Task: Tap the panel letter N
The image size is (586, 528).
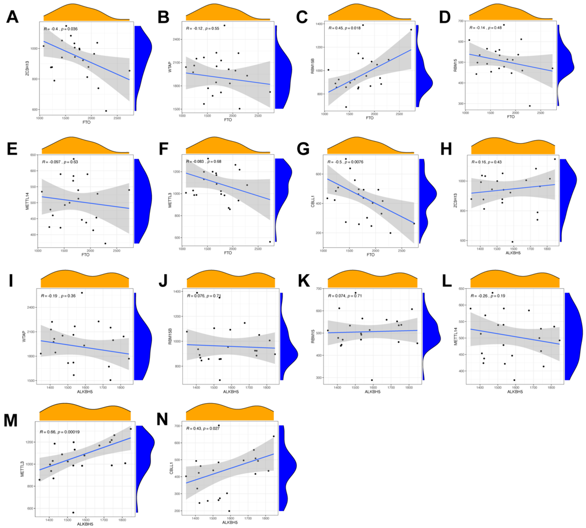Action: [162, 419]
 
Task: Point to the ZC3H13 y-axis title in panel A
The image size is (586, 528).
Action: [27, 69]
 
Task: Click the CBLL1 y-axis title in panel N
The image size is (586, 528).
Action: [171, 469]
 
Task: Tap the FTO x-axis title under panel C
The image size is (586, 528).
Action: [369, 118]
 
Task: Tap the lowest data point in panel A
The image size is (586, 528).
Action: [106, 111]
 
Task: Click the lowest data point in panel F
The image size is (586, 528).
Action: [270, 242]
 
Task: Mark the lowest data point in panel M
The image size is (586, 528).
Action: [73, 512]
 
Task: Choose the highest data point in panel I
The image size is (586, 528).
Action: [82, 293]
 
